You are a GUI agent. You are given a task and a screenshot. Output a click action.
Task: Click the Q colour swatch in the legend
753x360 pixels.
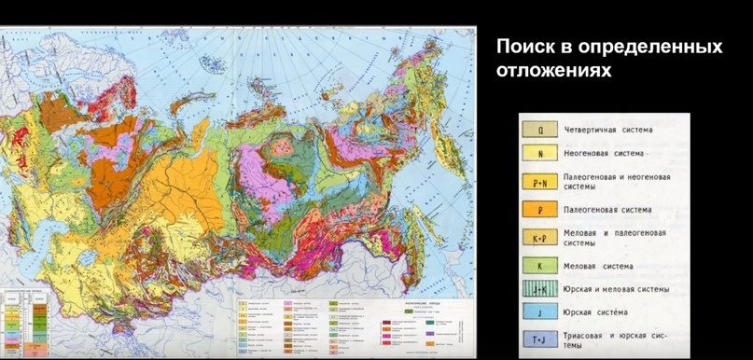(540, 130)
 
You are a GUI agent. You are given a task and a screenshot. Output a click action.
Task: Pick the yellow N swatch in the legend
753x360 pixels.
(540, 153)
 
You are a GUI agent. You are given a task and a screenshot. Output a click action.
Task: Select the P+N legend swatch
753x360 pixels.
(540, 182)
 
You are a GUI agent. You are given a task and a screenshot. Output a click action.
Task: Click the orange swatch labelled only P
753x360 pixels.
(540, 210)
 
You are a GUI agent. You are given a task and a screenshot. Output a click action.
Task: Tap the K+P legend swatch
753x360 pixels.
(540, 238)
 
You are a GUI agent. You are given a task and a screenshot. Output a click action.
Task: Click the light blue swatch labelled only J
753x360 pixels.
(540, 312)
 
